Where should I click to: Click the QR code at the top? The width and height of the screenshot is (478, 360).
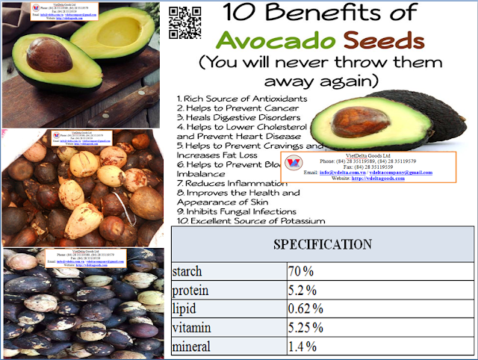pyautogui.click(x=184, y=22)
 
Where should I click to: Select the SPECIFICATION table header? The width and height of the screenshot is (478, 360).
pyautogui.click(x=323, y=244)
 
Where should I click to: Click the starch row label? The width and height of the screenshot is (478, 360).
pyautogui.click(x=187, y=270)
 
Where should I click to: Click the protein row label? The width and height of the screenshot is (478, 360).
pyautogui.click(x=190, y=289)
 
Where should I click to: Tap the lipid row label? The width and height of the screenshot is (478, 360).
pyautogui.click(x=184, y=308)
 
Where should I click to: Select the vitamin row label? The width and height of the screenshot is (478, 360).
pyautogui.click(x=193, y=328)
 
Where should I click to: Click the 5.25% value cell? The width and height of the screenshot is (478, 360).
pyautogui.click(x=307, y=328)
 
